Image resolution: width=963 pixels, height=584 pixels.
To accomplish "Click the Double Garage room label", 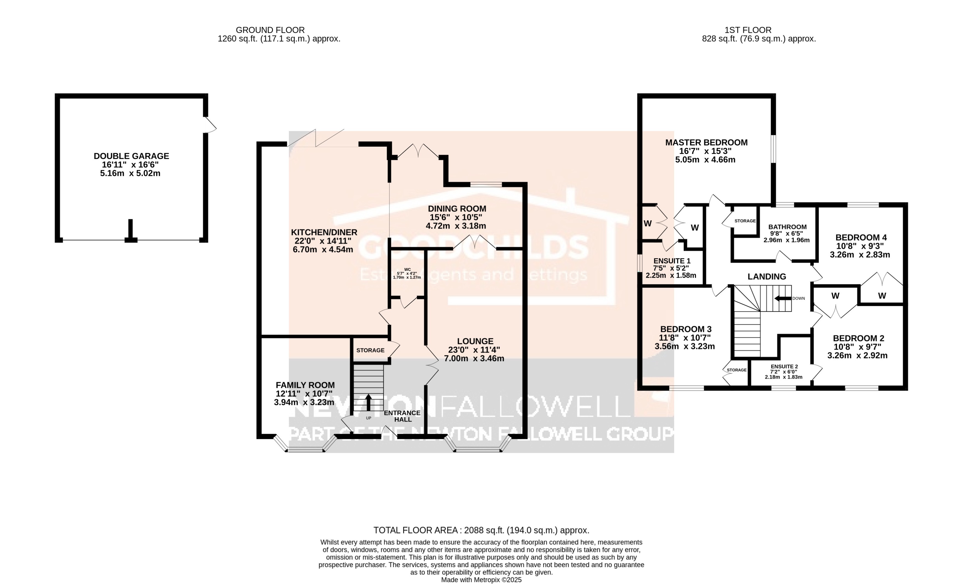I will tap(131, 156).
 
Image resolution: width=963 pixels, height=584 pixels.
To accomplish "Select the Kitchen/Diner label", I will tap(324, 232).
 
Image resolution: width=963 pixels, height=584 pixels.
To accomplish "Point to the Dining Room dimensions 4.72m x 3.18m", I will tap(456, 226).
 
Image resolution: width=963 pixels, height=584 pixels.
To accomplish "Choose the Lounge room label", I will tap(475, 341).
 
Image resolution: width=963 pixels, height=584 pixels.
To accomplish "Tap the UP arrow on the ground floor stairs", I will tap(368, 402).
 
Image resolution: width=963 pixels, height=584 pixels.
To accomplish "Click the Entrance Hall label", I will tap(403, 416).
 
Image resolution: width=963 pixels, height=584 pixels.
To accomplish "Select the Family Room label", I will tap(305, 385).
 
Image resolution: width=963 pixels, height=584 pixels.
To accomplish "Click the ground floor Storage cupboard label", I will tap(370, 350).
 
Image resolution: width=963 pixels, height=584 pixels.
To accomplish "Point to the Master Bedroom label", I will tap(706, 143).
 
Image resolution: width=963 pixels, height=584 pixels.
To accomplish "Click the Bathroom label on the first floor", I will tap(787, 227).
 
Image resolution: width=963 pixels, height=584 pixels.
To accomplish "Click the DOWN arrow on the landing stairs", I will tap(783, 298).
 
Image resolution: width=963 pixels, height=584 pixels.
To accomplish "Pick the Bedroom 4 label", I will tap(861, 237).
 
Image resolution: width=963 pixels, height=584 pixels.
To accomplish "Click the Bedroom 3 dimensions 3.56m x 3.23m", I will tap(685, 346).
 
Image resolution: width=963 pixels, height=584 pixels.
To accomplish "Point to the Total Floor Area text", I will tap(481, 530).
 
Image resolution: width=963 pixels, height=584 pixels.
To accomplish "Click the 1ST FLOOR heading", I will tap(748, 30).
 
